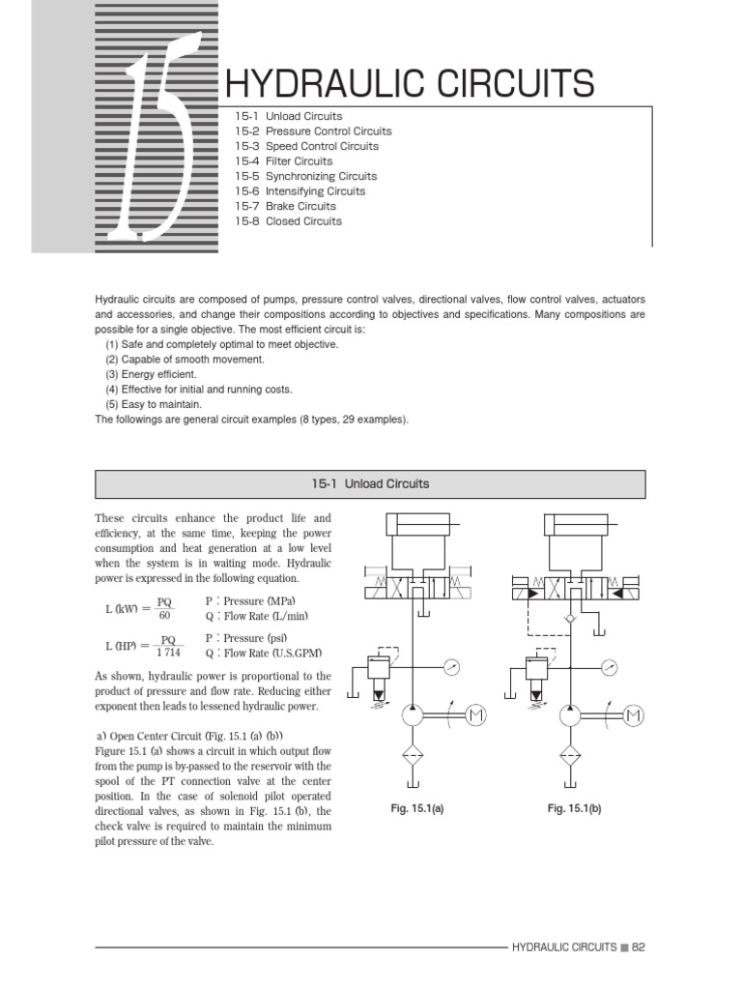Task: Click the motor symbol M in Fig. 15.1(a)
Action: click(x=475, y=714)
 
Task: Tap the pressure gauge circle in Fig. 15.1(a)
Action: click(x=452, y=666)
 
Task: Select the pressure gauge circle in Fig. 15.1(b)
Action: click(x=609, y=666)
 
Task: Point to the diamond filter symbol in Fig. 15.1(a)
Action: click(x=414, y=756)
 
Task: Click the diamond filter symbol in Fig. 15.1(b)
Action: click(x=571, y=756)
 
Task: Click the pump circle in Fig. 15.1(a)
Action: click(x=414, y=714)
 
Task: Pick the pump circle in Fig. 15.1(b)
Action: click(x=571, y=714)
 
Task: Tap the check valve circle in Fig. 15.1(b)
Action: click(x=571, y=616)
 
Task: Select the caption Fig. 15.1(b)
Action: click(x=574, y=808)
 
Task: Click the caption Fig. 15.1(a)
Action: click(x=416, y=808)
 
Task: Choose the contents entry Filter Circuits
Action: click(x=299, y=161)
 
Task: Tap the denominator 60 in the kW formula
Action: click(x=164, y=616)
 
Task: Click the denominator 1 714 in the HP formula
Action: click(x=169, y=653)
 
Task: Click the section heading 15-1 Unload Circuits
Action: click(x=370, y=483)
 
